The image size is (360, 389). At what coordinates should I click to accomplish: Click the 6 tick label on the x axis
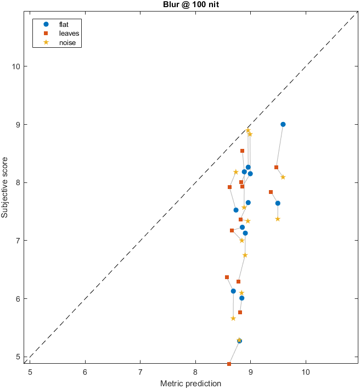pyautogui.click(x=85, y=371)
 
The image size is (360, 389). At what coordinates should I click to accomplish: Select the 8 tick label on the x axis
pyautogui.click(x=195, y=371)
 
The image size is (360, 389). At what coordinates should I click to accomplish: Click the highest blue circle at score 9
pyautogui.click(x=283, y=124)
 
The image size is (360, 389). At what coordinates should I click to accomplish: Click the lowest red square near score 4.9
pyautogui.click(x=229, y=364)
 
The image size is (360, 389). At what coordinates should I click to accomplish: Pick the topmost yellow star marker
pyautogui.click(x=248, y=130)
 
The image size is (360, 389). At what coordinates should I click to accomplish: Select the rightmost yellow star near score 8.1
pyautogui.click(x=283, y=177)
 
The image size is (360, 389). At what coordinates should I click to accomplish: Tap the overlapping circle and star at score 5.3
pyautogui.click(x=239, y=341)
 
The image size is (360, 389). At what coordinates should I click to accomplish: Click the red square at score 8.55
pyautogui.click(x=242, y=151)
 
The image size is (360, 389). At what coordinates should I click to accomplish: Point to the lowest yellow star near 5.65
pyautogui.click(x=233, y=318)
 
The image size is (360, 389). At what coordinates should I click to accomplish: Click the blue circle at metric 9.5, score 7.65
pyautogui.click(x=278, y=203)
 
